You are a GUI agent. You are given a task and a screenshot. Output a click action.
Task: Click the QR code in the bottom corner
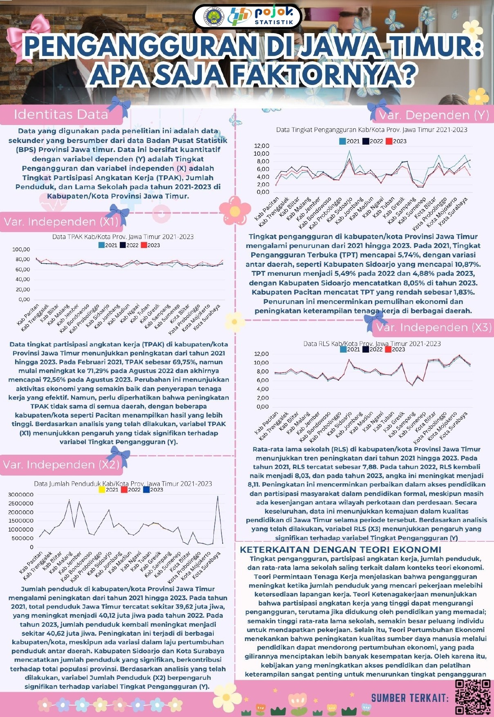(x=473, y=697)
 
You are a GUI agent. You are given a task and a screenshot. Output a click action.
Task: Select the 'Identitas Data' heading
(x=61, y=114)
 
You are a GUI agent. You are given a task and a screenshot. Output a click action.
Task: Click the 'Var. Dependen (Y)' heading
(x=434, y=115)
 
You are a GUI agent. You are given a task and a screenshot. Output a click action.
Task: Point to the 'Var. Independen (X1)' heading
(x=61, y=222)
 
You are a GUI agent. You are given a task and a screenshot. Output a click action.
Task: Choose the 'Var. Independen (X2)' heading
(x=61, y=465)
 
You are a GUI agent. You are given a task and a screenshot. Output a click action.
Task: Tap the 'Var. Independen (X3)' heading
(x=434, y=328)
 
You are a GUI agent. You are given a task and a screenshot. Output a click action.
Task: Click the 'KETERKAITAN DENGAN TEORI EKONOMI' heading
(x=340, y=549)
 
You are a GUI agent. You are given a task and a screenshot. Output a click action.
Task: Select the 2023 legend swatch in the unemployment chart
(x=389, y=141)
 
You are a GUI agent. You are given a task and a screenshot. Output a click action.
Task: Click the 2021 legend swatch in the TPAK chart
(x=102, y=246)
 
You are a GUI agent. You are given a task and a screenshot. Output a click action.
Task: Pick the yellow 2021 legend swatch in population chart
(x=102, y=489)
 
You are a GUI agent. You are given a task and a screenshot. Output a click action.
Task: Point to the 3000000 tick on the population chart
(x=20, y=495)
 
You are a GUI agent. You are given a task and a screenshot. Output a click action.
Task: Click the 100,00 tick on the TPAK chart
(x=21, y=250)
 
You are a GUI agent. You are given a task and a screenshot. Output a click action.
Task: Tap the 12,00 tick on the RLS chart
(x=262, y=354)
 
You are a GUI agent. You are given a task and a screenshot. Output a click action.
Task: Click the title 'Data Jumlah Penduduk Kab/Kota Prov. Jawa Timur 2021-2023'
(x=123, y=484)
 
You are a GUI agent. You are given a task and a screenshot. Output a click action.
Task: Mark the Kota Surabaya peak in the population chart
(x=218, y=497)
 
